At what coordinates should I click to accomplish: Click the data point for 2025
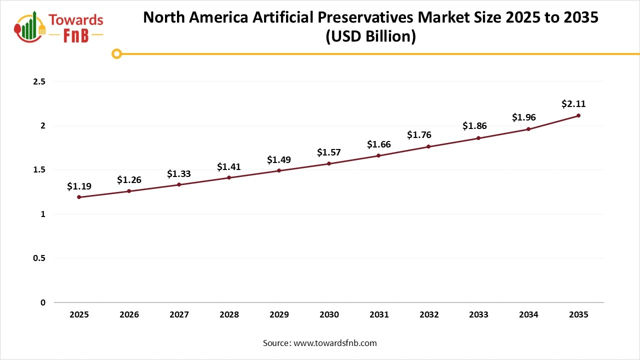(x=79, y=197)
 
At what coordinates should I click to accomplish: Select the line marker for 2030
(x=329, y=163)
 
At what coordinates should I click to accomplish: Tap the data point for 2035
(x=578, y=115)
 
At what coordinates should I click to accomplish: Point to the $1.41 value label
(x=229, y=166)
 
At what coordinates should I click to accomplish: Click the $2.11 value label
(x=573, y=104)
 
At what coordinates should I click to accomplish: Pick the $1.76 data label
(x=419, y=134)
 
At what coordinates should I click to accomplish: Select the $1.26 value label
(x=129, y=179)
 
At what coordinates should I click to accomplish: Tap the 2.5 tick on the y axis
(x=39, y=81)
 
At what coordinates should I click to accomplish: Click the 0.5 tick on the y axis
(x=39, y=258)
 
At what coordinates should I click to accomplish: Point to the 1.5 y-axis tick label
(x=39, y=170)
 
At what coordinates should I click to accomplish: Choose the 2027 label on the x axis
(x=179, y=315)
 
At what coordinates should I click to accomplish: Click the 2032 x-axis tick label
(x=429, y=315)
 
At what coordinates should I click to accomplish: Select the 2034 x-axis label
(x=528, y=315)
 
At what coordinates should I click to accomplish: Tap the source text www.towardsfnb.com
(x=334, y=343)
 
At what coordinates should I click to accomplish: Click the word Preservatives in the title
(x=354, y=17)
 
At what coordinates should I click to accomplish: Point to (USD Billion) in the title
(x=370, y=36)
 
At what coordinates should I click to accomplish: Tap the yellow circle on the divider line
(x=116, y=53)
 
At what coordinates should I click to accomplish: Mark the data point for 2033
(x=478, y=138)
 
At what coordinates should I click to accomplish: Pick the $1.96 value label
(x=523, y=117)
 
